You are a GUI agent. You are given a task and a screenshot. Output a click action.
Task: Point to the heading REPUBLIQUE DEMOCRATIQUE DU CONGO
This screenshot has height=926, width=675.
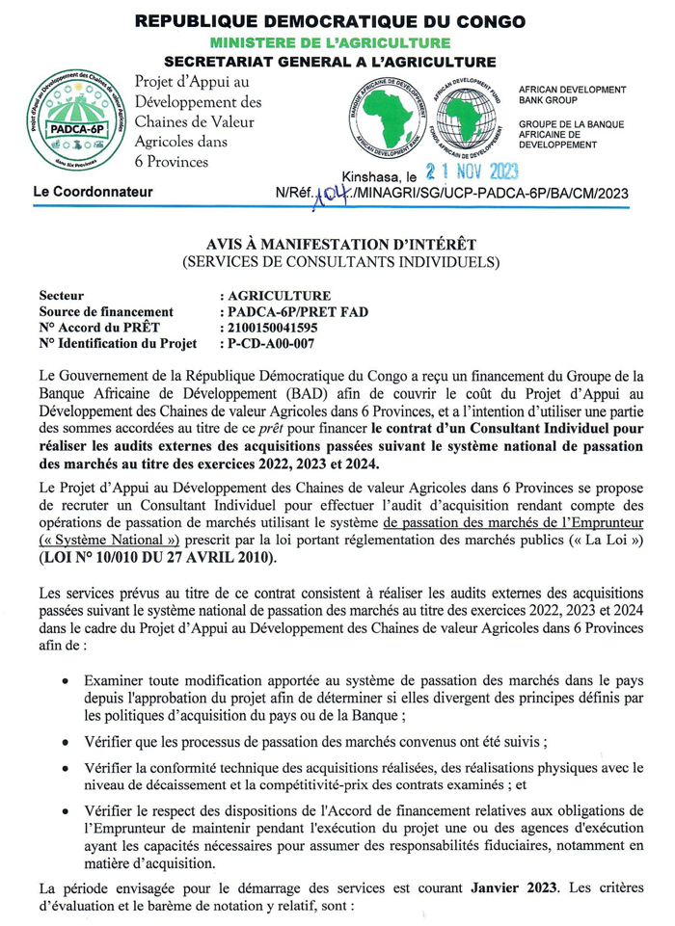332,21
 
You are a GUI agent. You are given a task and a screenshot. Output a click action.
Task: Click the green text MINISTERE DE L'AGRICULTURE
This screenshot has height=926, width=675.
331,42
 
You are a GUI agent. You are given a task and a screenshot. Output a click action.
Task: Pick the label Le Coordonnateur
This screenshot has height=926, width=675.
93,192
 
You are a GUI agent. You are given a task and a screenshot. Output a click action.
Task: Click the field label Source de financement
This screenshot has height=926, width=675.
106,312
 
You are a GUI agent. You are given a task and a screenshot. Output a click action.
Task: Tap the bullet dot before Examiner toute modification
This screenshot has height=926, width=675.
64,680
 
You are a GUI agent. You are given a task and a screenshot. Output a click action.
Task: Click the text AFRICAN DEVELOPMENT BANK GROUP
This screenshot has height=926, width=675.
572,94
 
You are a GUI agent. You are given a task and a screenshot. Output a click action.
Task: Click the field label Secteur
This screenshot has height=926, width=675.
61,296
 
